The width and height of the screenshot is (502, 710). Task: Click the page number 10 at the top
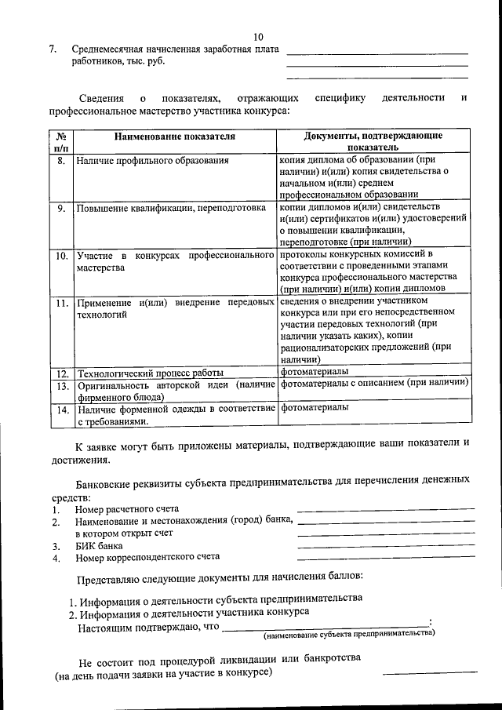pyautogui.click(x=259, y=37)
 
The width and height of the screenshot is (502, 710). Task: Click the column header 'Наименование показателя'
pyautogui.click(x=174, y=137)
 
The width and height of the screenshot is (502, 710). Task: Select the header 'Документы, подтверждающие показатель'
pyautogui.click(x=373, y=141)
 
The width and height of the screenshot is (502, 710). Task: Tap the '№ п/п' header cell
pyautogui.click(x=62, y=141)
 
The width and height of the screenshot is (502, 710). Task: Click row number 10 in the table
pyautogui.click(x=61, y=256)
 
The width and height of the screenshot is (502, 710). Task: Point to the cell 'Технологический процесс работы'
pyautogui.click(x=150, y=372)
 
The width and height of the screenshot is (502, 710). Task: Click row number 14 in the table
pyautogui.click(x=61, y=409)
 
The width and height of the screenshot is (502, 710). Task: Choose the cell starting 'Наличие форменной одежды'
pyautogui.click(x=174, y=414)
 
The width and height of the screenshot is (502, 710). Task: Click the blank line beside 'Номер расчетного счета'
pyautogui.click(x=386, y=509)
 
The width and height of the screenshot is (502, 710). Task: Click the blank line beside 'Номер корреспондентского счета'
pyautogui.click(x=386, y=558)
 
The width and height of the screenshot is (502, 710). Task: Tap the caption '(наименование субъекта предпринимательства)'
pyautogui.click(x=349, y=633)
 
